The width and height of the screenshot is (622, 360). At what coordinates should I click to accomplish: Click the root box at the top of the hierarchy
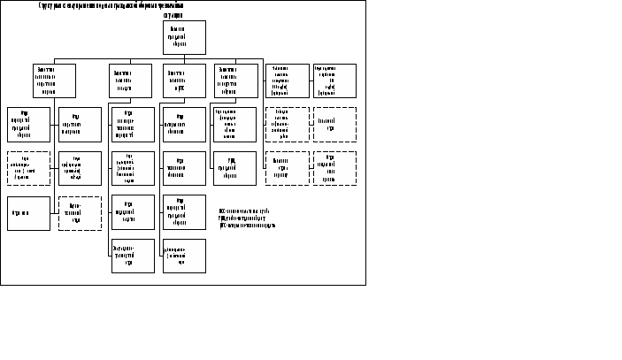184,37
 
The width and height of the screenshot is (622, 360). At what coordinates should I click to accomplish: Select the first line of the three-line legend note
243,211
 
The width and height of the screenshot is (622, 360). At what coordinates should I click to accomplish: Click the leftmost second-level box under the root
54,80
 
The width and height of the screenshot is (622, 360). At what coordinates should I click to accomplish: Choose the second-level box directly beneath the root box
184,80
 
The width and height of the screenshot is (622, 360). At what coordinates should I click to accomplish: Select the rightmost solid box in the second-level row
335,80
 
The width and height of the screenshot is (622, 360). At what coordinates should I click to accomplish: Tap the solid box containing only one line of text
28,213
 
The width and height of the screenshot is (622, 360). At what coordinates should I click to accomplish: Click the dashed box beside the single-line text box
80,213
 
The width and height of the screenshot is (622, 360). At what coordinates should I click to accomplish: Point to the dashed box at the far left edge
28,168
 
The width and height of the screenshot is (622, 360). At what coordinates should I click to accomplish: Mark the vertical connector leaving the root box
184,57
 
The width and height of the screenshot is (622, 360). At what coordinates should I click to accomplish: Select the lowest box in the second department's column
132,256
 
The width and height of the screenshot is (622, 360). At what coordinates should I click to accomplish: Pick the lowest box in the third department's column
184,256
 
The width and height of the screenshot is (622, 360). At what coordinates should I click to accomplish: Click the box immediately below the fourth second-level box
235,125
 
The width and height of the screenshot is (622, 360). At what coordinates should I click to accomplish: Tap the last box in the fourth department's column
235,168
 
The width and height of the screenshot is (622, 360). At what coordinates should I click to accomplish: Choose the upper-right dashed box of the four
335,125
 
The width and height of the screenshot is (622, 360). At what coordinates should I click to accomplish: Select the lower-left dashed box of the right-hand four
288,168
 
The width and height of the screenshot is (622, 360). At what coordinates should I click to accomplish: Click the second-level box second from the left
132,80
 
